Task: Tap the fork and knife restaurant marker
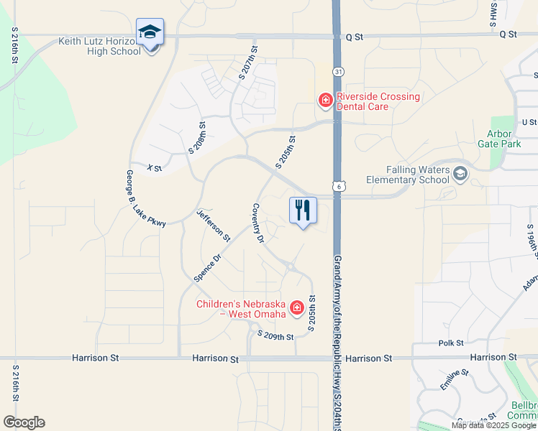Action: pos(303,210)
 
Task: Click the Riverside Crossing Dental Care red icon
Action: pos(325,99)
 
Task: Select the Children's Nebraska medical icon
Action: pos(296,308)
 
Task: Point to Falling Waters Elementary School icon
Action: pos(460,173)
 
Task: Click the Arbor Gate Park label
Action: pos(499,138)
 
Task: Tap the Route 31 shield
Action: pos(337,72)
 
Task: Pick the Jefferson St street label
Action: pos(214,225)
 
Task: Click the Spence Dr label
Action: pos(208,267)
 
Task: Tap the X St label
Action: pos(154,168)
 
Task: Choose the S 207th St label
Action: pos(248,64)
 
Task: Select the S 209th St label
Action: pos(275,336)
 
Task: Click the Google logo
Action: pos(24,422)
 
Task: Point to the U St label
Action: pos(529,122)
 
